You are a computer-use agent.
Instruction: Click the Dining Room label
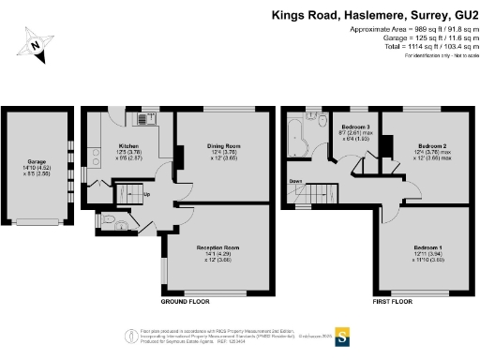224,146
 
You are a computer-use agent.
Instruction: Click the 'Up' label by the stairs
146,195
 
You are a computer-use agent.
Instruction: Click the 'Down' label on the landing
294,181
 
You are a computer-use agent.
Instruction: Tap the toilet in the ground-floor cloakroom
111,221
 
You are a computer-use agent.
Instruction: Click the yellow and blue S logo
343,336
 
